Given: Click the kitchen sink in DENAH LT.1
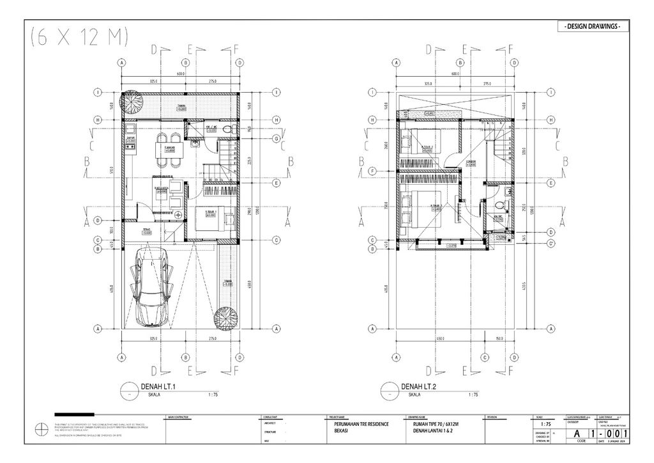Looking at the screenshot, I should tap(129, 127).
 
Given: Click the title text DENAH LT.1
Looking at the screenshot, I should tap(156, 386).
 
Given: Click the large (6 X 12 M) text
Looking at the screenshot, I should tap(78, 38).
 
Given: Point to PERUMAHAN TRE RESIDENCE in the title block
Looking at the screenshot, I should tap(361, 424).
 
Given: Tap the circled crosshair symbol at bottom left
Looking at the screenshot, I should tap(42, 429).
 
